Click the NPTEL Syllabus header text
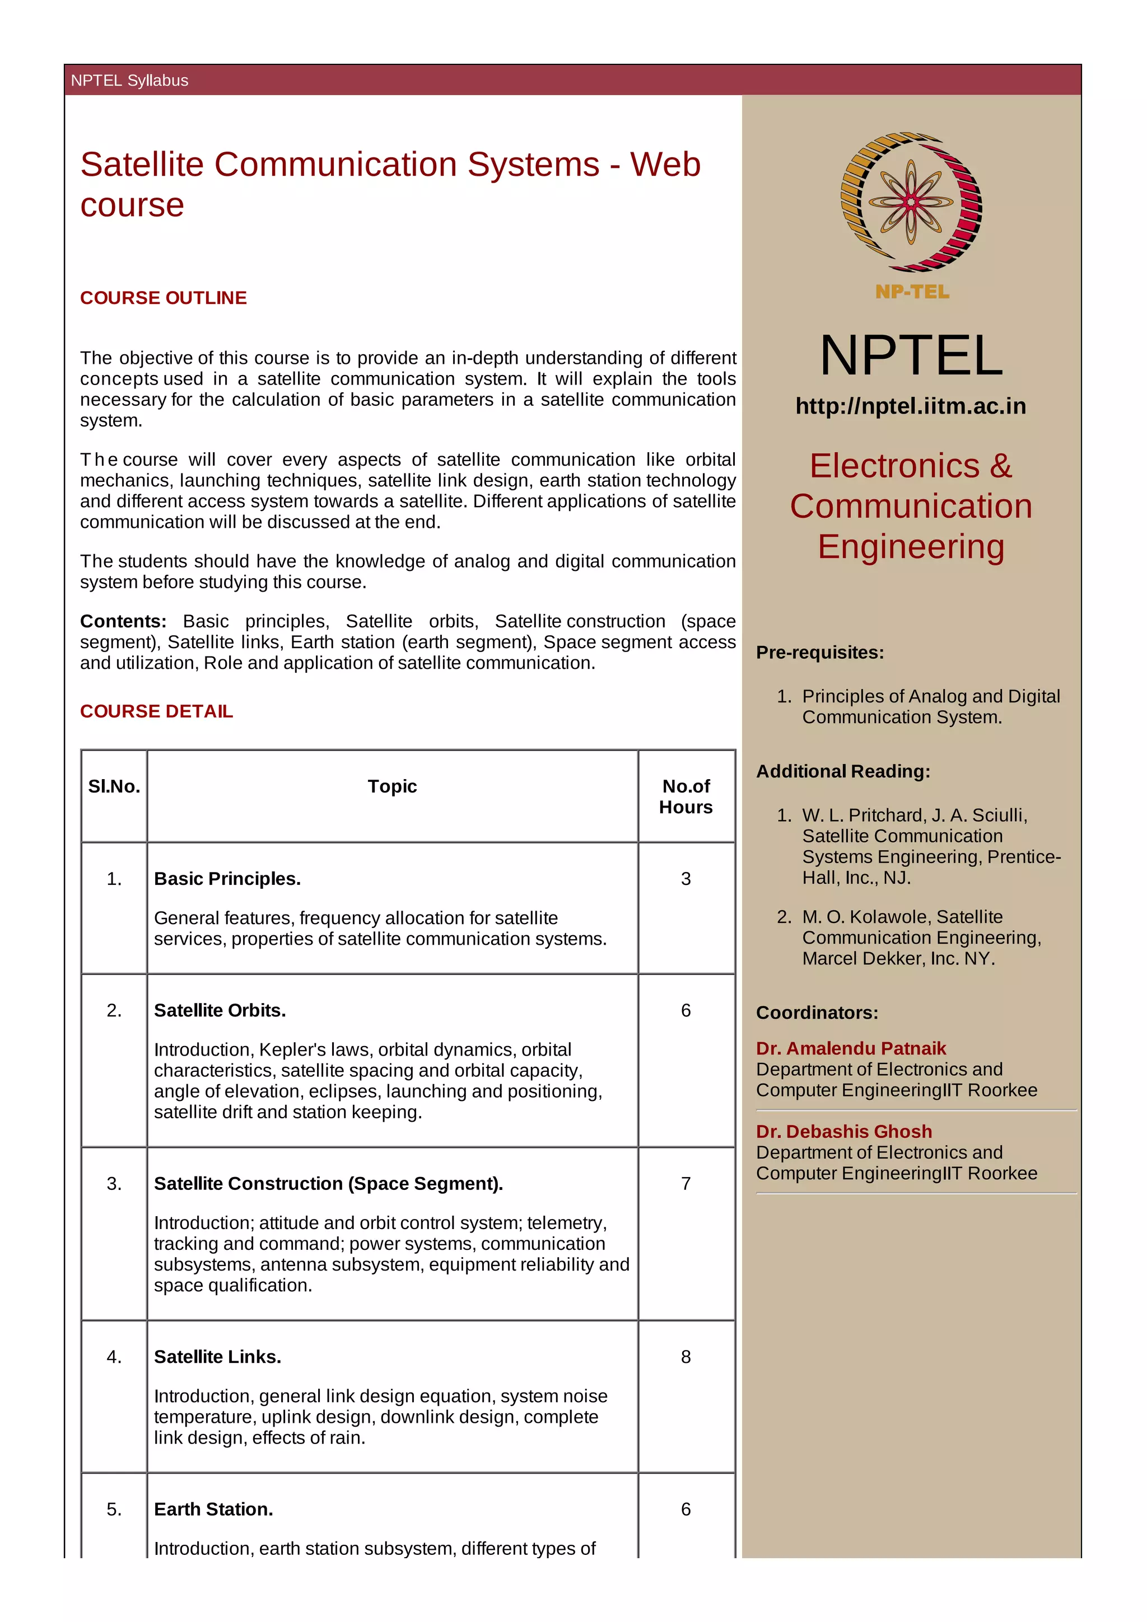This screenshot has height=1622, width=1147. click(x=129, y=81)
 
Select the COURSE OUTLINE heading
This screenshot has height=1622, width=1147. click(x=163, y=298)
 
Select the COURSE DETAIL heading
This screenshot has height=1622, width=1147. click(x=156, y=711)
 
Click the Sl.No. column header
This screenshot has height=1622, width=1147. click(x=114, y=786)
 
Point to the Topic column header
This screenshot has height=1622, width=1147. click(x=392, y=786)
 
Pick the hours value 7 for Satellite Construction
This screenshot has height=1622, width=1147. click(x=686, y=1183)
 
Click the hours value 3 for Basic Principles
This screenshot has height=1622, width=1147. click(x=686, y=878)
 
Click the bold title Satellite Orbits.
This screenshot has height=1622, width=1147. click(x=220, y=1010)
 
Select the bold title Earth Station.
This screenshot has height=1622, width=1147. click(x=213, y=1509)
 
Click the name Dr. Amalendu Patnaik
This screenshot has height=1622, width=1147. click(x=851, y=1048)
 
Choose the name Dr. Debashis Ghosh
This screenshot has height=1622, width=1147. click(x=844, y=1131)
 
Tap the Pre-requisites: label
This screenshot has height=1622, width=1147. click(x=820, y=652)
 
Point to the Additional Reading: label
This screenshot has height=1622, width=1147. click(x=843, y=771)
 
